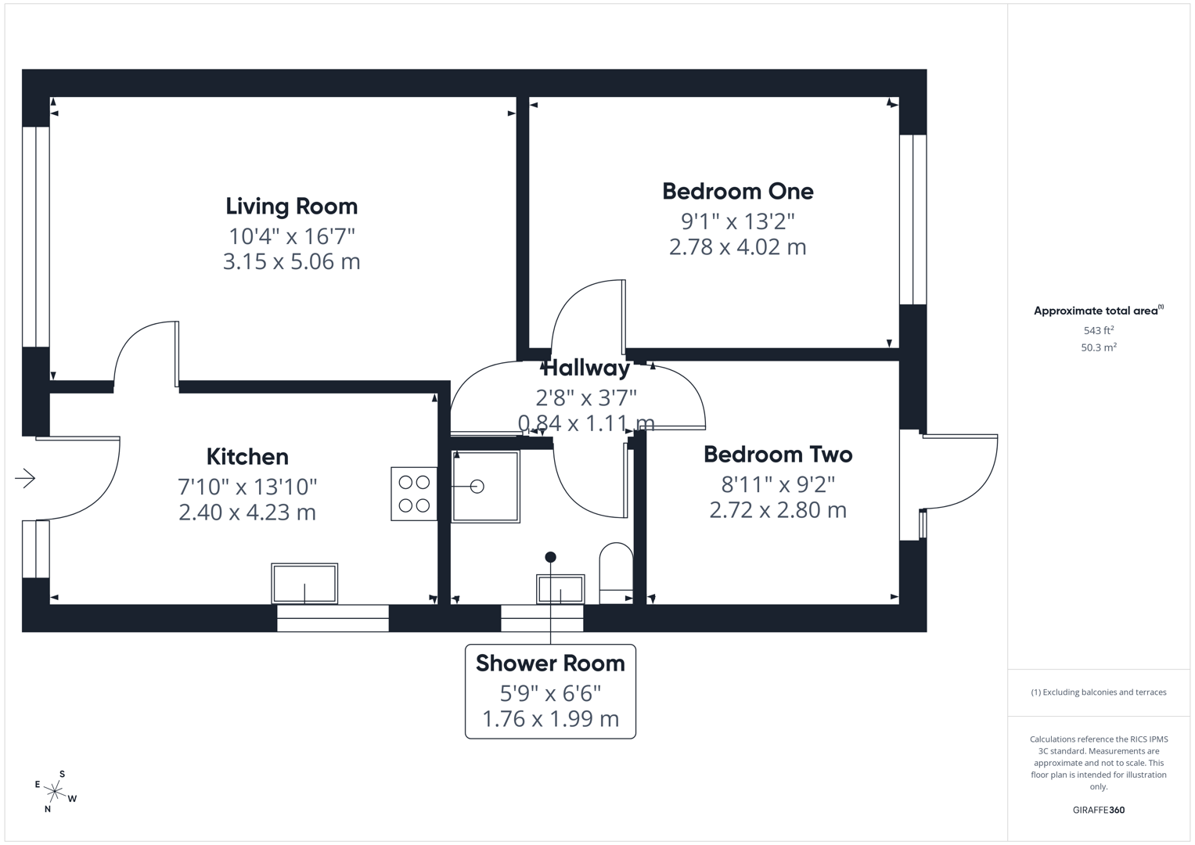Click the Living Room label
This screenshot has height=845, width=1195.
click(x=291, y=207)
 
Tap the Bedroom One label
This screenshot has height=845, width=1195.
click(x=738, y=191)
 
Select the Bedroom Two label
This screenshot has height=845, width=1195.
click(x=778, y=455)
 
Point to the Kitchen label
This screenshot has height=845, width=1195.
click(x=247, y=457)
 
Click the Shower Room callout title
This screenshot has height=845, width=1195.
click(x=550, y=663)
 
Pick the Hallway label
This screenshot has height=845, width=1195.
click(x=586, y=368)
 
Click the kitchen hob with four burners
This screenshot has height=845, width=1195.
click(x=414, y=494)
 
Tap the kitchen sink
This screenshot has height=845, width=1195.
click(x=304, y=583)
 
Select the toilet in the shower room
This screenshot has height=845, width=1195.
click(x=616, y=573)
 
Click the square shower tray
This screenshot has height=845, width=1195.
click(x=485, y=487)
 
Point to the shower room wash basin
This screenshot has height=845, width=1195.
click(x=560, y=589)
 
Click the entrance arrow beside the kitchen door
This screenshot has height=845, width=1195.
click(x=25, y=478)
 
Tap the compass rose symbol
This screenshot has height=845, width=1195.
click(x=55, y=792)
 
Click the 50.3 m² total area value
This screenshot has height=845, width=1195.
click(x=1099, y=347)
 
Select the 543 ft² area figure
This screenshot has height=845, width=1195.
click(x=1099, y=330)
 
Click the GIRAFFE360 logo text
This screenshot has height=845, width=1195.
click(x=1099, y=810)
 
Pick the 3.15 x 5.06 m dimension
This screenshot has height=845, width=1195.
click(x=291, y=261)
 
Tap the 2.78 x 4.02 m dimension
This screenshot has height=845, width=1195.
click(x=738, y=246)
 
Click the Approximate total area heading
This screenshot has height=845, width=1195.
click(x=1099, y=311)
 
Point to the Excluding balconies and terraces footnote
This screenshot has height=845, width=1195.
click(x=1099, y=692)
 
